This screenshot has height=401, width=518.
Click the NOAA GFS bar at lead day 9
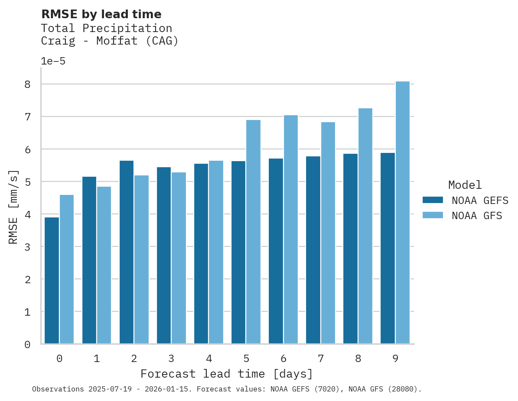(403, 213)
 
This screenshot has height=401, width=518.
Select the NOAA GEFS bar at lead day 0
(52, 281)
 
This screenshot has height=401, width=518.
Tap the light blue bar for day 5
(254, 232)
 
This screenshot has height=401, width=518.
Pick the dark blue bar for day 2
(127, 252)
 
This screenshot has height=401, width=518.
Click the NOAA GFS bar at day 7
(328, 233)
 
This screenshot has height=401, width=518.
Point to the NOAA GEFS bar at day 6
(276, 251)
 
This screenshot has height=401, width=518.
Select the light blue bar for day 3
(179, 258)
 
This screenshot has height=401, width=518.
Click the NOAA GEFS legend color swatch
(433, 200)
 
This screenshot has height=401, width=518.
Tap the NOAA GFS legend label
(477, 216)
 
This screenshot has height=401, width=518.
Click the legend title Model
(465, 185)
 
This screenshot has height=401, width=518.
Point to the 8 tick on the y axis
(27, 84)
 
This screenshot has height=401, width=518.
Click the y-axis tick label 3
(27, 247)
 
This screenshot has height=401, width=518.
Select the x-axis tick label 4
(209, 359)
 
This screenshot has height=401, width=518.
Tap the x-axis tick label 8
(358, 359)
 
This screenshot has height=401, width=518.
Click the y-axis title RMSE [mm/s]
(13, 207)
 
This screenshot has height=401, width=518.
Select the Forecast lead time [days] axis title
(226, 374)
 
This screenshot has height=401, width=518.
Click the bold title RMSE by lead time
(101, 14)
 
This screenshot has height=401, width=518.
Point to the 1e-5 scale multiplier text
(53, 61)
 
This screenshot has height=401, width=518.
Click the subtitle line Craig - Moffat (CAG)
(110, 41)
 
